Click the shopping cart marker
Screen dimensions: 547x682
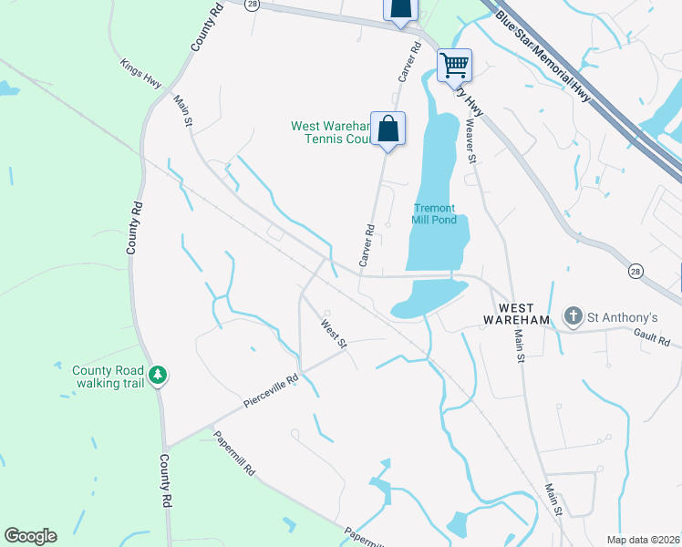pyautogui.click(x=454, y=66)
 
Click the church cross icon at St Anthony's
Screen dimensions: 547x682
pyautogui.click(x=573, y=317)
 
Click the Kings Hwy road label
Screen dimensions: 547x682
pyautogui.click(x=140, y=74)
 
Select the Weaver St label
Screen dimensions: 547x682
pyautogui.click(x=471, y=141)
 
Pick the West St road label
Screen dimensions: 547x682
pyautogui.click(x=334, y=333)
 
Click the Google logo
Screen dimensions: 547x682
pyautogui.click(x=30, y=536)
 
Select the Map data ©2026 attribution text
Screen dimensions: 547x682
pyautogui.click(x=643, y=540)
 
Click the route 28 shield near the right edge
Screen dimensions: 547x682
pyautogui.click(x=635, y=270)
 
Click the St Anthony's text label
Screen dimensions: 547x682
pyautogui.click(x=622, y=317)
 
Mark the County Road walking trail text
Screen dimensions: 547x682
pyautogui.click(x=109, y=377)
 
